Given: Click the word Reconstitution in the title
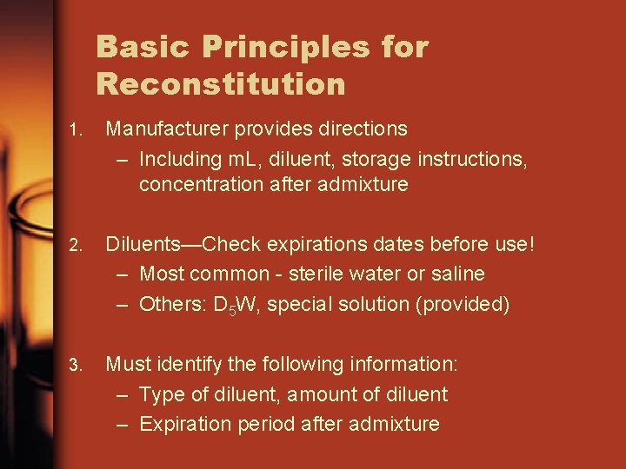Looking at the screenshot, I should [x=221, y=84].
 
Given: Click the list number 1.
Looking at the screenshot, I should [x=77, y=130].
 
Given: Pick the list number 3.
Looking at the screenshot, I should [x=77, y=365].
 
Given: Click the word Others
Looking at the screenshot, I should [x=171, y=304].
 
